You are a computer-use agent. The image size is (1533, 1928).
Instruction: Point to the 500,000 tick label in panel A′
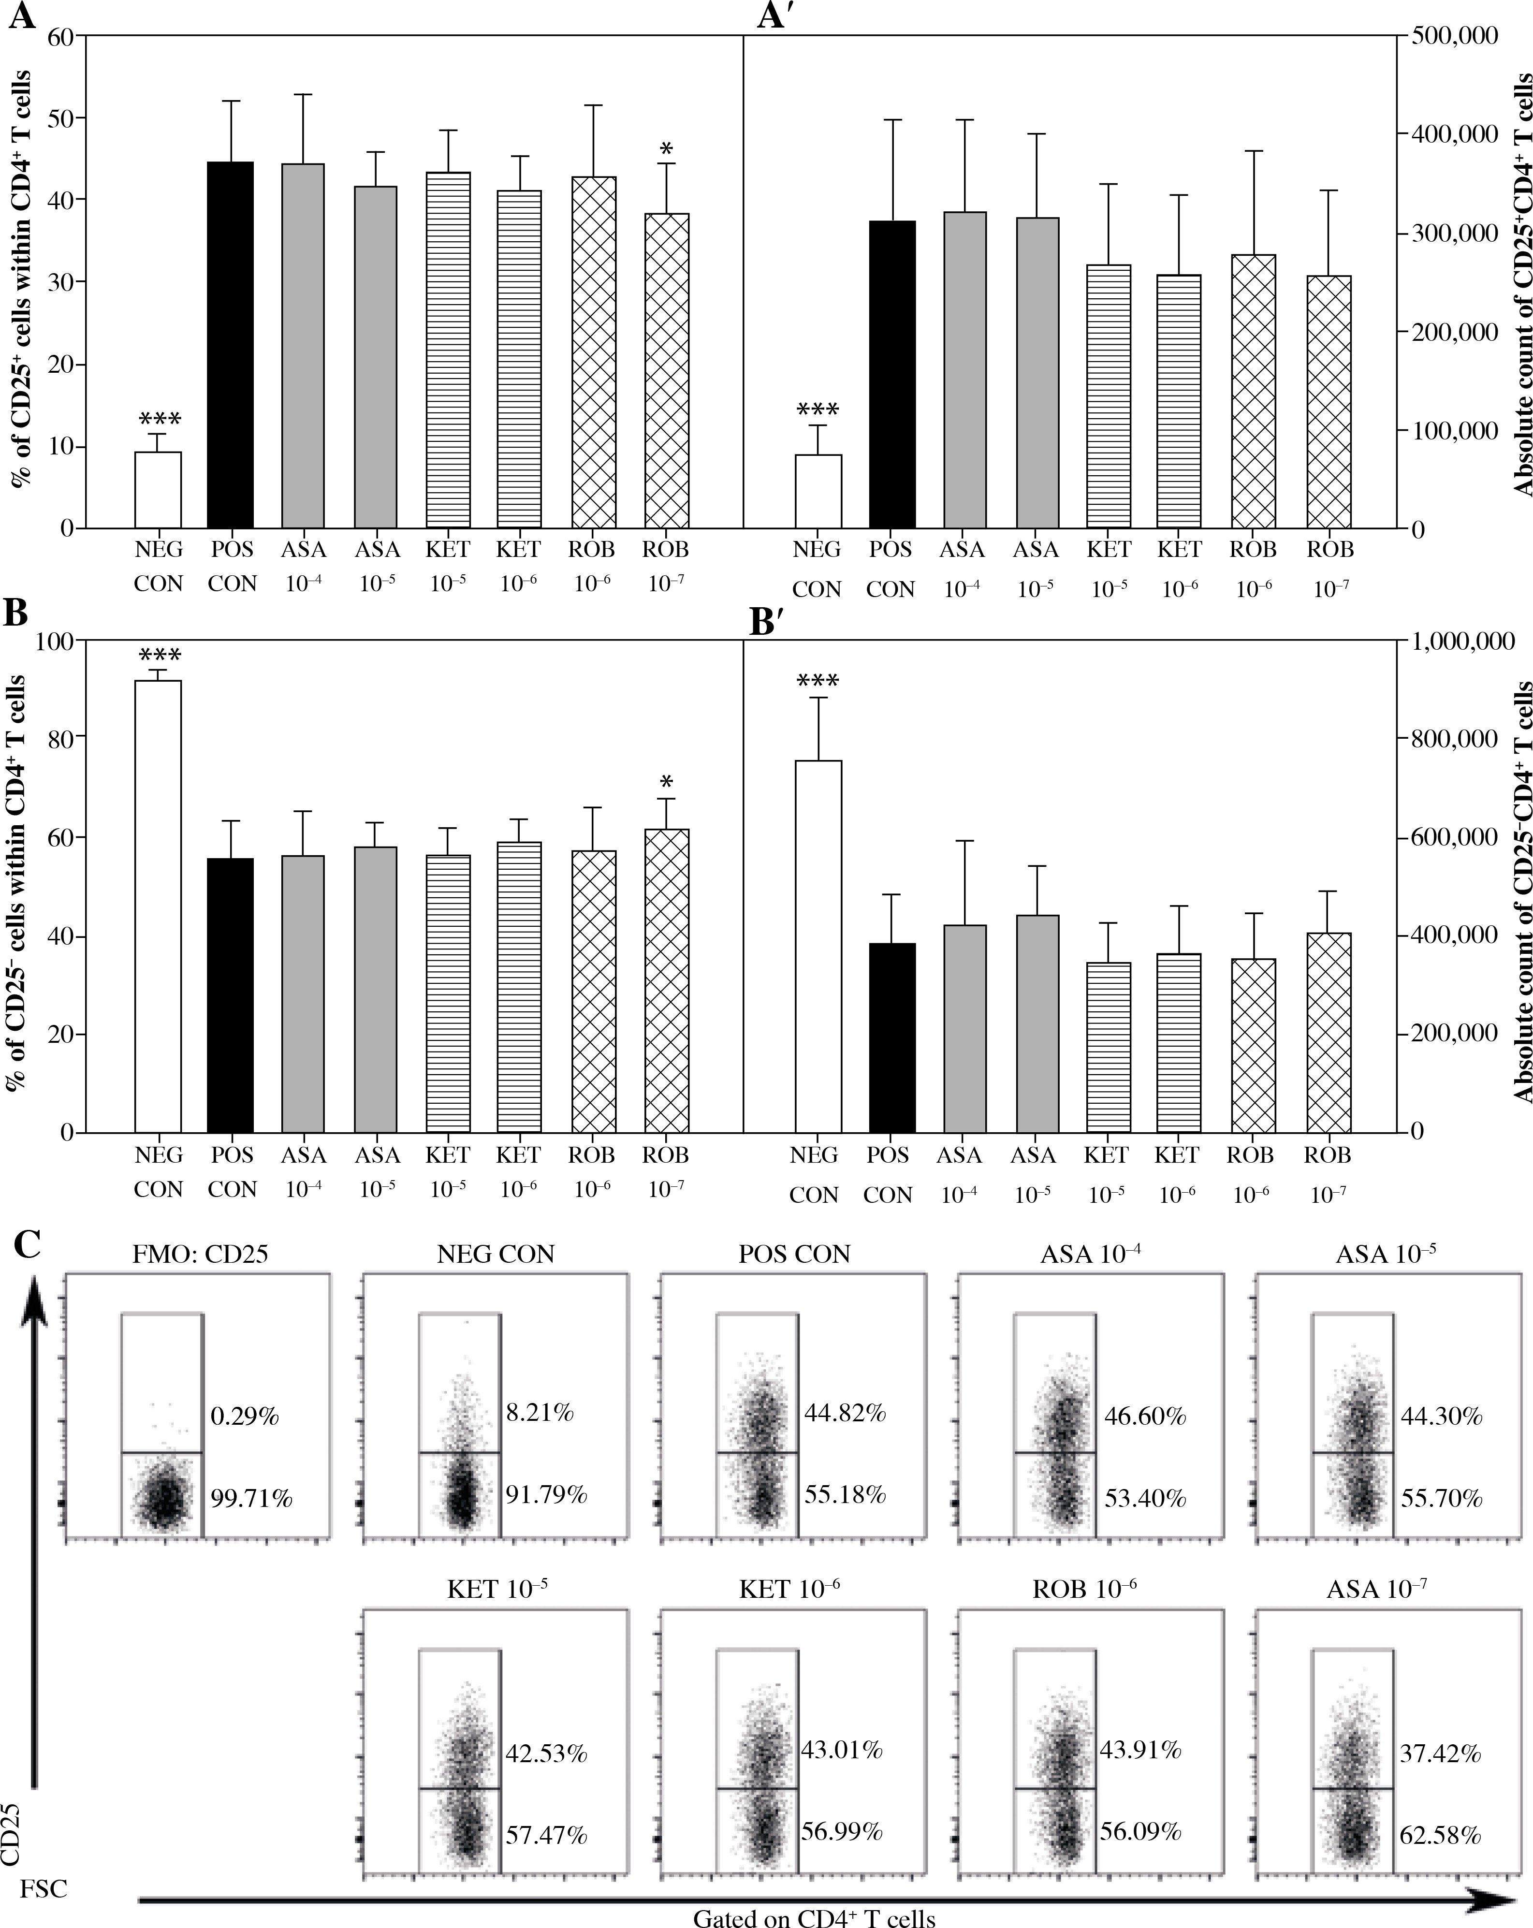click(x=1453, y=36)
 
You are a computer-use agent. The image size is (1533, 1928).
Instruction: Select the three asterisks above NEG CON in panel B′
click(x=818, y=681)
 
